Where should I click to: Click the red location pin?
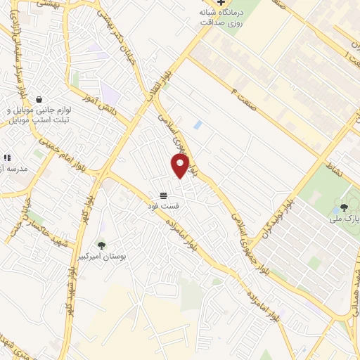[x=181, y=166]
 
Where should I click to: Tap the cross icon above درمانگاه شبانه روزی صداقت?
[x=221, y=3]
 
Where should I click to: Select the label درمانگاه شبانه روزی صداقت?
[x=224, y=18]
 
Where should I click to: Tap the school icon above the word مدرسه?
[x=6, y=157]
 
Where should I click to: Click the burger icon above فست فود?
[x=164, y=194]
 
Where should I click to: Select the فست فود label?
[x=163, y=206]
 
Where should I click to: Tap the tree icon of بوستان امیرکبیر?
[x=101, y=245]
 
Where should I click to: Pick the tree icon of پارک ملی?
[x=343, y=207]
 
